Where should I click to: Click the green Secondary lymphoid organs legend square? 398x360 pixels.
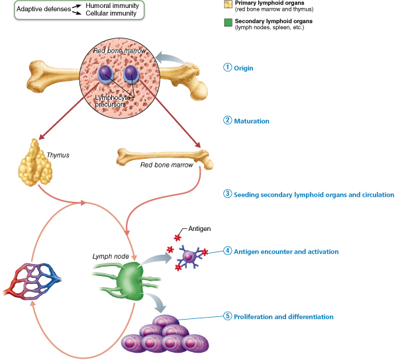pyautogui.click(x=228, y=22)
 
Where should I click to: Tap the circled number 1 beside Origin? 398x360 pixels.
pyautogui.click(x=228, y=68)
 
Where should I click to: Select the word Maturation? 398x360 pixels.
pyautogui.click(x=252, y=121)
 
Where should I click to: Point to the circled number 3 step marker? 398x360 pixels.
pyautogui.click(x=228, y=195)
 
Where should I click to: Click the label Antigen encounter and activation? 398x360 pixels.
pyautogui.click(x=287, y=251)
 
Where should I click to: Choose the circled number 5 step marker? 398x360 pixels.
pyautogui.click(x=228, y=317)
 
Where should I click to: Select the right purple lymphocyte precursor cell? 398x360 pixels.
pyautogui.click(x=131, y=74)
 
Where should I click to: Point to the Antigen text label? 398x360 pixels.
pyautogui.click(x=199, y=228)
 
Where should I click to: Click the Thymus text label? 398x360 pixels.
pyautogui.click(x=58, y=156)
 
